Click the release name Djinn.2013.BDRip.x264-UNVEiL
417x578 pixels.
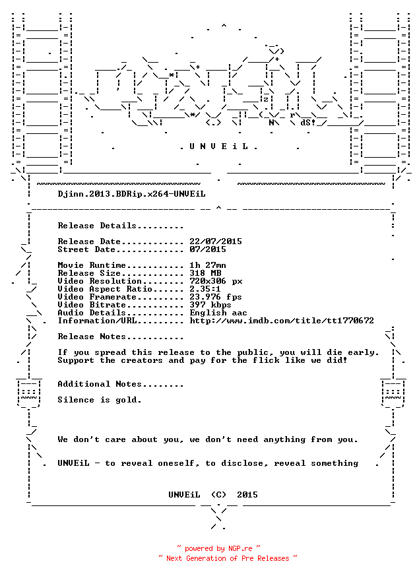click(131, 194)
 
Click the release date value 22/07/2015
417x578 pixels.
click(216, 241)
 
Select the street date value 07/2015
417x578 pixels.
click(208, 249)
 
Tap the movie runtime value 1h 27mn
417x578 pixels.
click(208, 265)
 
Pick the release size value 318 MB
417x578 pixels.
click(205, 273)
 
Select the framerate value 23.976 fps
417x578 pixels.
click(216, 297)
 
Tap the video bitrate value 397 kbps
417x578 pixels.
click(210, 305)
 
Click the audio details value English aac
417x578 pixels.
click(218, 313)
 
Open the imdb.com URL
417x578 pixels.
click(282, 321)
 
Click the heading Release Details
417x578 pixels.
click(97, 226)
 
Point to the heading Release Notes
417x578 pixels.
click(92, 337)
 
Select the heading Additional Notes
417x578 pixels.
click(100, 384)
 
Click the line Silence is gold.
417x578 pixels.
click(100, 400)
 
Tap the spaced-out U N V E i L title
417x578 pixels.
click(218, 146)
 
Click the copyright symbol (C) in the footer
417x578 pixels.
click(218, 495)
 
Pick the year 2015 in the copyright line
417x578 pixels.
click(247, 495)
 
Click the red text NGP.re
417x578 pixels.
click(240, 548)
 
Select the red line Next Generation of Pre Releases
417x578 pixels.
click(228, 558)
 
